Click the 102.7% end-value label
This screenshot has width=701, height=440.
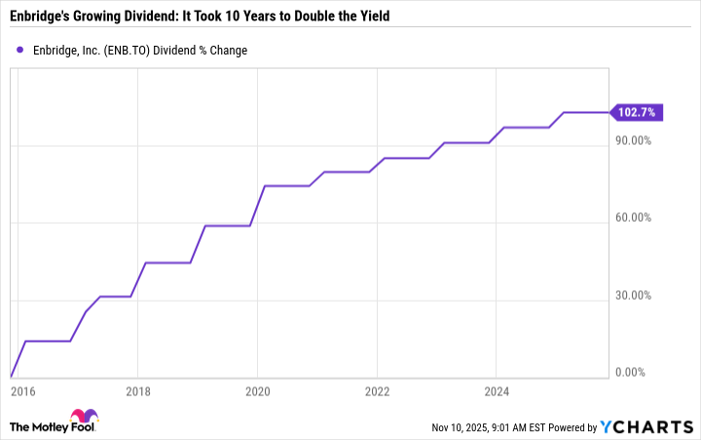[x=638, y=113]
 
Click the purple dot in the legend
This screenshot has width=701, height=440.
[x=19, y=50]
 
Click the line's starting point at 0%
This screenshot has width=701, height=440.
[x=11, y=376]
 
